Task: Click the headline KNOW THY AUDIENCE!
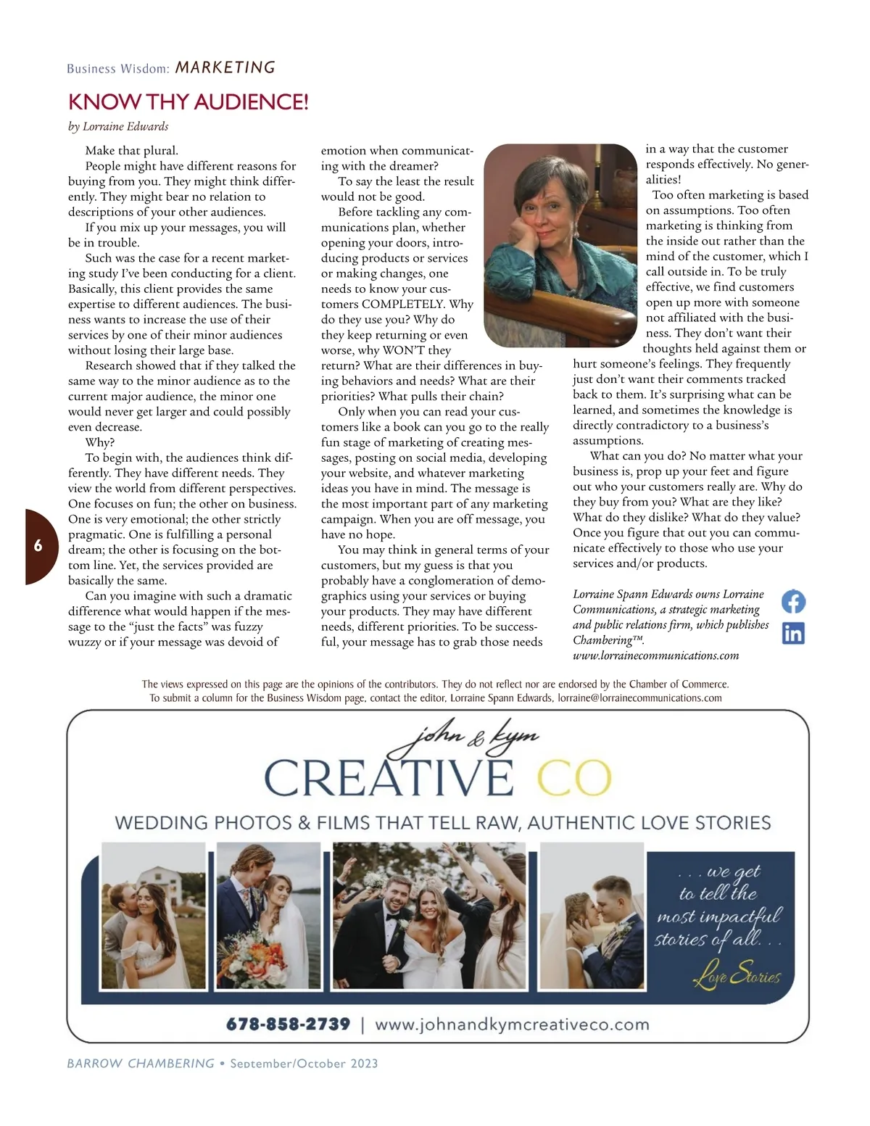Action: [x=188, y=102]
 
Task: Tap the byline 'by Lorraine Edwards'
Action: [x=118, y=126]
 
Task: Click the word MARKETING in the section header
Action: [x=225, y=67]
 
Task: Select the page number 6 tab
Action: [x=38, y=546]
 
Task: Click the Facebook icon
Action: [x=793, y=602]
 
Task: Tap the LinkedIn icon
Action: [x=793, y=633]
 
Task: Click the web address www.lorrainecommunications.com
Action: [x=655, y=655]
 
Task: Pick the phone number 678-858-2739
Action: [x=288, y=1024]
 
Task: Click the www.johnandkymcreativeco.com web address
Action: [x=512, y=1024]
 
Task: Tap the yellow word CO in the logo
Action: [x=574, y=778]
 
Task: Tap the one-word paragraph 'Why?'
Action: [x=100, y=442]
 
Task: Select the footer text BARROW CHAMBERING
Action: [x=141, y=1064]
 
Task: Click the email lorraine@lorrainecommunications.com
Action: [x=639, y=697]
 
